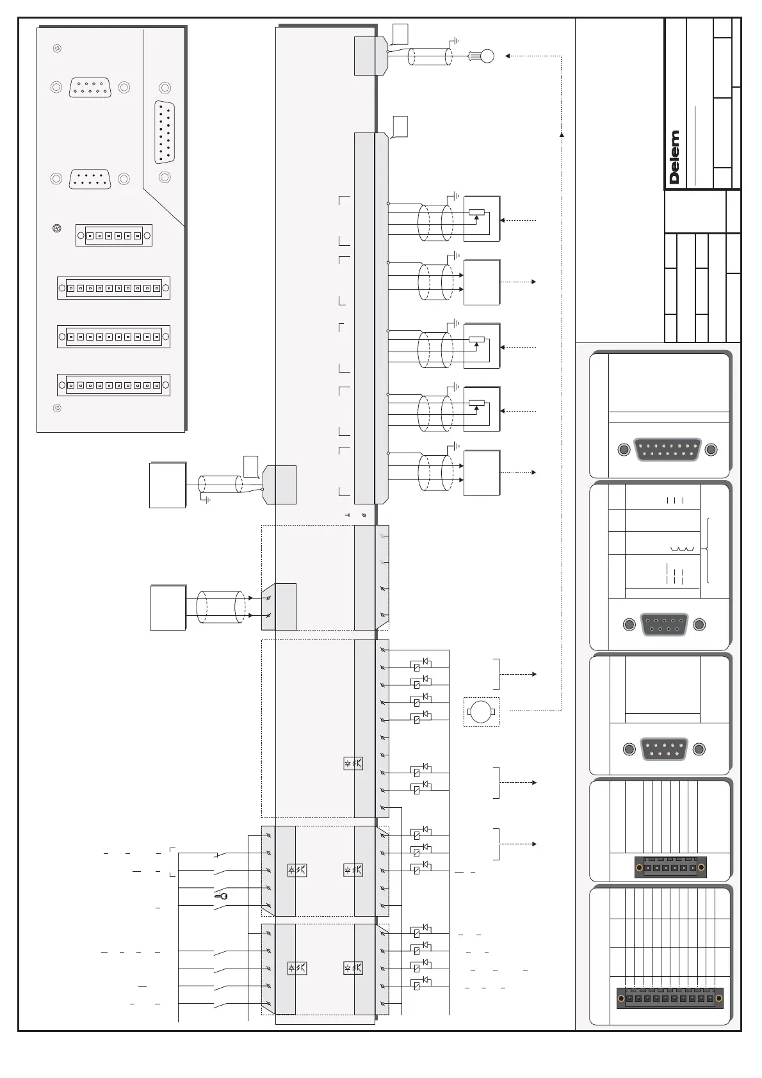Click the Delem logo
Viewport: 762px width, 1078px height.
[x=674, y=157]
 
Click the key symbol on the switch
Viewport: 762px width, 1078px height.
[x=222, y=896]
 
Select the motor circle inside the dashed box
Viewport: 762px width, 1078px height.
[x=480, y=711]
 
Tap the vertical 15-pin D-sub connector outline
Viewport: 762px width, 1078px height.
[x=165, y=132]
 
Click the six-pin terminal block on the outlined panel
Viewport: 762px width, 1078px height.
[x=113, y=236]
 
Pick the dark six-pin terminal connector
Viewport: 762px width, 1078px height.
[x=670, y=868]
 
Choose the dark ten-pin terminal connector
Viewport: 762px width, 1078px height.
[x=669, y=998]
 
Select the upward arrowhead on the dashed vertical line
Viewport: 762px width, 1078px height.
[x=562, y=134]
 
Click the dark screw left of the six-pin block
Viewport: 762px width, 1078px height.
[x=57, y=228]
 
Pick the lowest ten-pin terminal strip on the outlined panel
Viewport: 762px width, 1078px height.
[x=113, y=385]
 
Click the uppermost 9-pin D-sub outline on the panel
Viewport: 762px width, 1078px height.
[x=90, y=87]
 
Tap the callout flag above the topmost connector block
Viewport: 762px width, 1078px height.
[x=400, y=32]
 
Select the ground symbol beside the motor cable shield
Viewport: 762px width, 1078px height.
[x=455, y=42]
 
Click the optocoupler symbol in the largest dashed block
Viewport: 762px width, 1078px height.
[x=353, y=763]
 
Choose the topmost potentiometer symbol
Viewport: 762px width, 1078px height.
[x=477, y=213]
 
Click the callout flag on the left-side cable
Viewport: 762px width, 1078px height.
[x=251, y=466]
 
